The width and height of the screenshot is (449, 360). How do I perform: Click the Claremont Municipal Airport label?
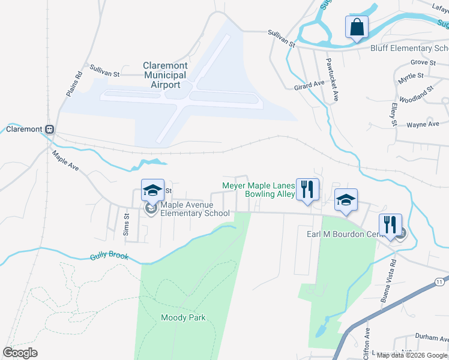[x=165, y=75]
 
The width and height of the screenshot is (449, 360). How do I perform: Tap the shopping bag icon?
[x=356, y=28]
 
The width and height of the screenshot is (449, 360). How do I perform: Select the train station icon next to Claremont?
[x=50, y=129]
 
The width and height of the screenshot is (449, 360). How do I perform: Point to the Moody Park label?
[x=183, y=317]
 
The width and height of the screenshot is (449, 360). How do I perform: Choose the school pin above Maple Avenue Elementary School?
[x=152, y=191]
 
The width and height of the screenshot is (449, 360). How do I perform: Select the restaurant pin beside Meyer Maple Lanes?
[x=308, y=189]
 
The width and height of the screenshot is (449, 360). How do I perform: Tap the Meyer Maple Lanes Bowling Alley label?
[x=259, y=190]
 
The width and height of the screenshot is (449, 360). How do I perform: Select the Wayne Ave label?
[x=423, y=124]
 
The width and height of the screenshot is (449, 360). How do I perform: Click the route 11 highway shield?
[x=441, y=281]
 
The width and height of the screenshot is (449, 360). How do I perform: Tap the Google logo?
[x=20, y=352]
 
